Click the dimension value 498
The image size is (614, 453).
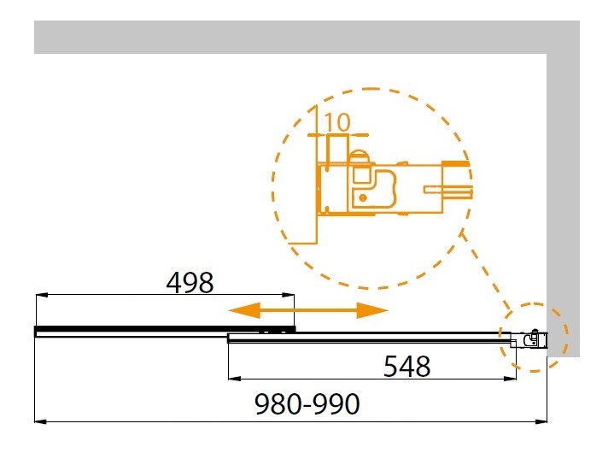190,282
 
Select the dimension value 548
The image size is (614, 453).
406,367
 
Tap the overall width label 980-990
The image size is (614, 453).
307,404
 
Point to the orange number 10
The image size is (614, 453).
337,122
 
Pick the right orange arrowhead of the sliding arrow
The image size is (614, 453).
372,310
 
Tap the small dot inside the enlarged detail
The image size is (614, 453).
363,198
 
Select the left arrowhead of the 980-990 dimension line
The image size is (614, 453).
41,421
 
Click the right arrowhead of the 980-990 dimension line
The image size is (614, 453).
541,421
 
